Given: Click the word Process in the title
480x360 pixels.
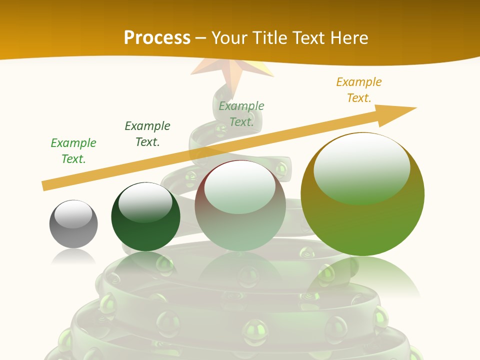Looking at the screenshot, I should pos(157,37).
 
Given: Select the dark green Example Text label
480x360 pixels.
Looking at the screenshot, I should pos(147,134).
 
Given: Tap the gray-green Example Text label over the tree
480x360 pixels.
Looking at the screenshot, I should pos(241,114).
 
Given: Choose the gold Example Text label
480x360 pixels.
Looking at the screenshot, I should pos(359,90).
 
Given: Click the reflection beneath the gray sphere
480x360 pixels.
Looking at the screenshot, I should pos(73,257).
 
